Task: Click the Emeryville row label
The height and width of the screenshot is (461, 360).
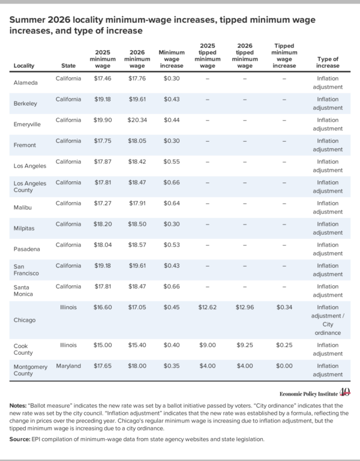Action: coord(27,124)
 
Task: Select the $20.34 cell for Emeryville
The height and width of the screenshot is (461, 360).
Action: coord(137,120)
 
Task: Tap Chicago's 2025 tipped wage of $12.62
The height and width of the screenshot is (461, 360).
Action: coord(208,307)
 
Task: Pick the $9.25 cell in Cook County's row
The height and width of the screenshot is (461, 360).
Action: coord(245,345)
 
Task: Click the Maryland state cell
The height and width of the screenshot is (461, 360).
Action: coord(68,366)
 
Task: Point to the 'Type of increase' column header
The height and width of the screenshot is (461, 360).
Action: coord(328,62)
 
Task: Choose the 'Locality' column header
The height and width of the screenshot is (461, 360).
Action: coord(24,65)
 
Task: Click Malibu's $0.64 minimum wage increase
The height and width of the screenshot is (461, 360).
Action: coord(172,203)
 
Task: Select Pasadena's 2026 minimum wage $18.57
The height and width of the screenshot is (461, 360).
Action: coord(137,245)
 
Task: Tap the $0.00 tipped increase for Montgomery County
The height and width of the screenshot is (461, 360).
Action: coord(284,366)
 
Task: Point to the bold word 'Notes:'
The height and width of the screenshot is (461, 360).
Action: coord(18,406)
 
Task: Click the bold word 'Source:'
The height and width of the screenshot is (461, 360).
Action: coord(20,439)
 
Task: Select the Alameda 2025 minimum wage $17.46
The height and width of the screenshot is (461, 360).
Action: coord(103,79)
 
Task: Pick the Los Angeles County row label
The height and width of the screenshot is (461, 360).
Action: coord(30,187)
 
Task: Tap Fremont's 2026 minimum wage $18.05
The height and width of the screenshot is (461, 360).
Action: coord(137,141)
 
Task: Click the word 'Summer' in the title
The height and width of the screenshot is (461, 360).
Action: coord(27,20)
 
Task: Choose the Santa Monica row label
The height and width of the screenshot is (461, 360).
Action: coord(23,291)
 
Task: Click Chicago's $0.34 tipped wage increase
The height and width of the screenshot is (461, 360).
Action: coord(284,307)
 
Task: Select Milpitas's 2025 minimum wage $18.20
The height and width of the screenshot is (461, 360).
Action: coord(103,224)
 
